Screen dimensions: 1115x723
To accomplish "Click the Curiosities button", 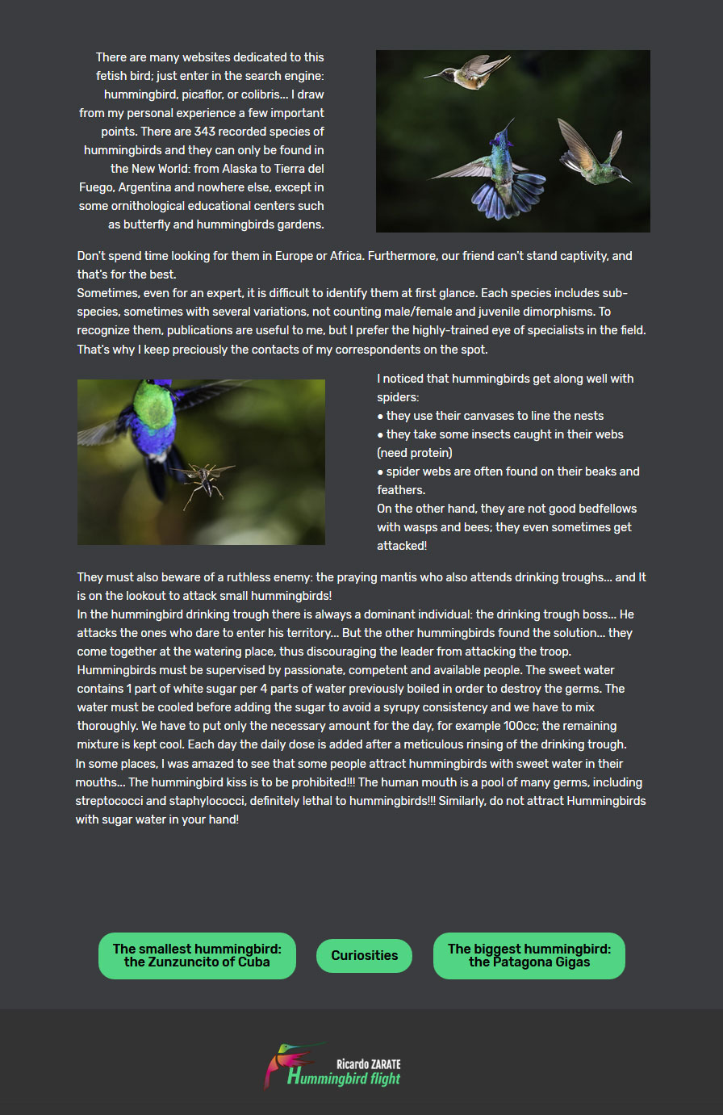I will click(364, 955).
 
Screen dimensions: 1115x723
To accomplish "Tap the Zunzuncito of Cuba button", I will click(197, 955).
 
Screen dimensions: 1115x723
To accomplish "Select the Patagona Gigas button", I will click(529, 955).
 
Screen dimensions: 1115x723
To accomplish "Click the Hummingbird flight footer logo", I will click(332, 1066).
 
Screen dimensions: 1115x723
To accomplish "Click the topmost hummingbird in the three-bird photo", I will click(472, 73).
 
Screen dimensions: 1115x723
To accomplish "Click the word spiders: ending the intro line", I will click(398, 397).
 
